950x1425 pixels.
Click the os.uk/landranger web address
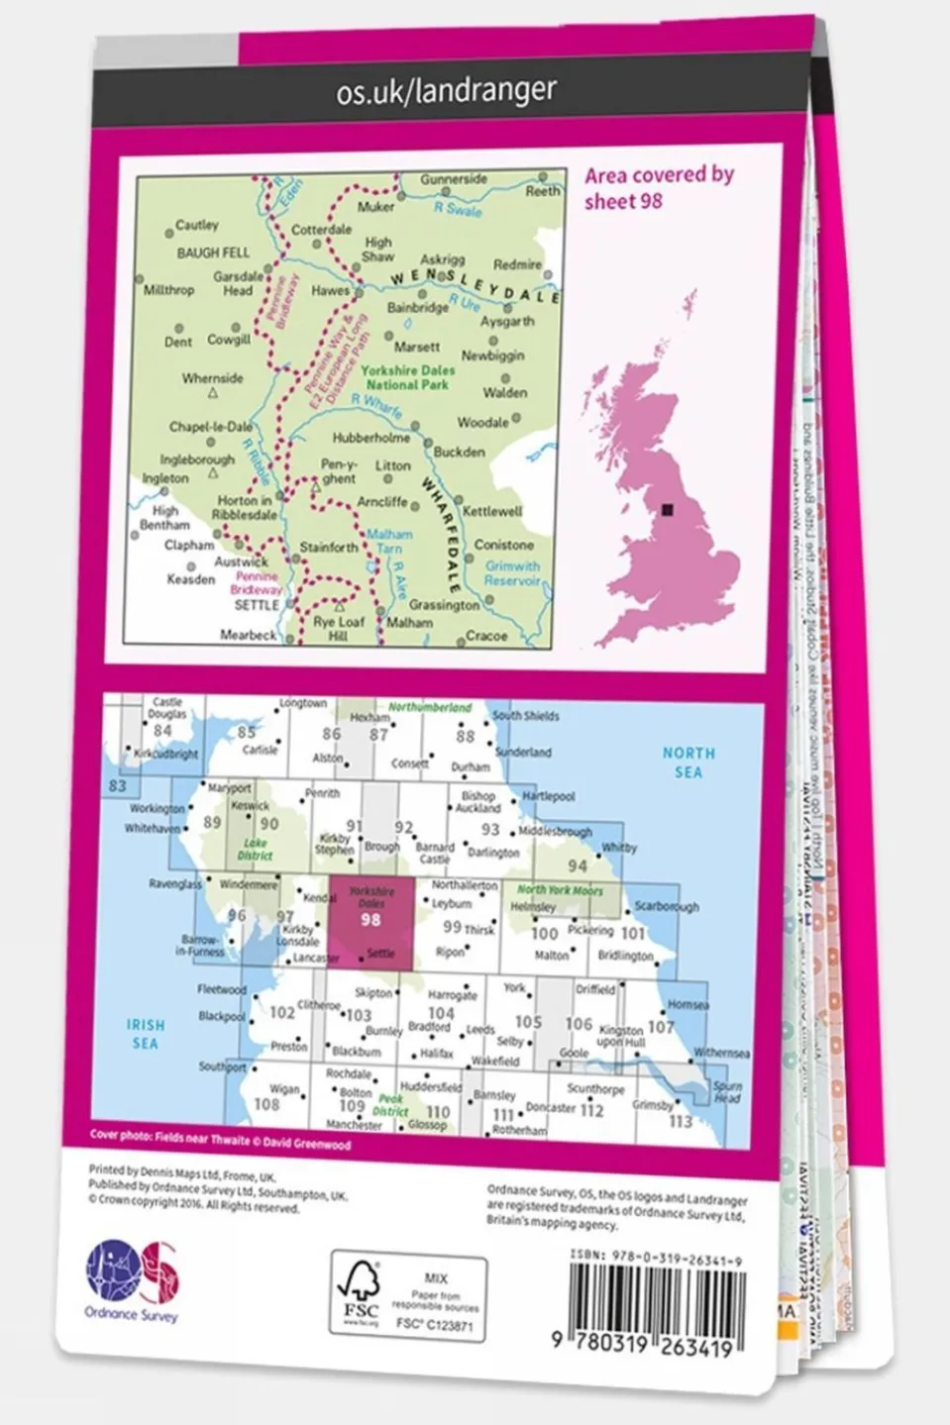(x=446, y=92)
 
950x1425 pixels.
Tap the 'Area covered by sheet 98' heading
(x=658, y=187)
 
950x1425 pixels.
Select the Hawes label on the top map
(x=330, y=291)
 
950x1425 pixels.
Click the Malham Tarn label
(x=389, y=541)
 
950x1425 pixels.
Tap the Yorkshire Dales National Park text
(x=407, y=377)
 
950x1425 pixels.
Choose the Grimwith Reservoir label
(x=512, y=573)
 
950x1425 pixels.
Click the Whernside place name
(x=212, y=378)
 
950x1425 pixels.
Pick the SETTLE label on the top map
(x=256, y=605)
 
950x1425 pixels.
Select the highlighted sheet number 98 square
(x=370, y=920)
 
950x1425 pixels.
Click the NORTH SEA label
(x=688, y=763)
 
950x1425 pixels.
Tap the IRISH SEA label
(x=145, y=1034)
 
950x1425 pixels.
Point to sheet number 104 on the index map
(x=441, y=1012)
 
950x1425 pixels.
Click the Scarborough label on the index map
(x=666, y=906)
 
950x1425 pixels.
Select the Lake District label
(x=255, y=850)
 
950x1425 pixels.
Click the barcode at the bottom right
(x=657, y=1310)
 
